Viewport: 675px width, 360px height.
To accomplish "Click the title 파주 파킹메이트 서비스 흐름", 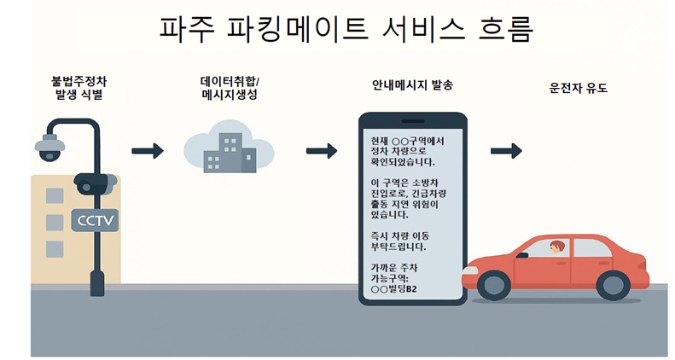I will (346, 28).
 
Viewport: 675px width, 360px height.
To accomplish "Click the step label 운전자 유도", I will (578, 87).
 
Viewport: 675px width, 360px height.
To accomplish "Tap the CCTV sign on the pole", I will (95, 220).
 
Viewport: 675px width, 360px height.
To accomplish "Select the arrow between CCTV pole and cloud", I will (148, 152).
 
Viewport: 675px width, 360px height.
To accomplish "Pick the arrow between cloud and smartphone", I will (321, 152).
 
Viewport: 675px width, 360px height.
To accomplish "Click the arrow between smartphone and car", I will (506, 152).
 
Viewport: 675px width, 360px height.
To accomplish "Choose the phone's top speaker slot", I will (411, 122).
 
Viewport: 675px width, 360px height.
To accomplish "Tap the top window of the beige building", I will (55, 195).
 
